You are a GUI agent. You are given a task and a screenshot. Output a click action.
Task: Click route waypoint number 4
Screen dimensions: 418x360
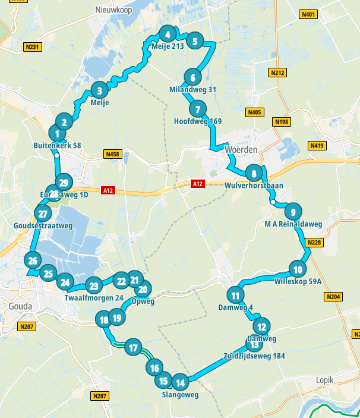pyautogui.click(x=169, y=34)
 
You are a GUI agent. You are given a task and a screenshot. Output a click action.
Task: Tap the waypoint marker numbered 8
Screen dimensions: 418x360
pyautogui.click(x=254, y=174)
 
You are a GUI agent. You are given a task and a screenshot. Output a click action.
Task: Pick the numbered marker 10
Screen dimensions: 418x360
pyautogui.click(x=298, y=268)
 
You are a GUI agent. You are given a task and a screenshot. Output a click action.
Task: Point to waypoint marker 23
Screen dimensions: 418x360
pyautogui.click(x=93, y=285)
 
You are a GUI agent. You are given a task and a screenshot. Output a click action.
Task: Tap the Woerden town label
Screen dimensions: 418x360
pyautogui.click(x=241, y=149)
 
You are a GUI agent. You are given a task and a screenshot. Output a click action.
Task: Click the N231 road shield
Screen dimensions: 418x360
pyautogui.click(x=33, y=46)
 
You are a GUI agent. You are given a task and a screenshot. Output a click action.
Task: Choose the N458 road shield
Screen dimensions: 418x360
pyautogui.click(x=112, y=155)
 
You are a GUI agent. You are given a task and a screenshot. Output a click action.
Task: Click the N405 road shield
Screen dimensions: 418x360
pyautogui.click(x=255, y=112)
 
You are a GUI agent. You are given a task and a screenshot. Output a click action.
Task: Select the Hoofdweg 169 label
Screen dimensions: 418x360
pyautogui.click(x=198, y=121)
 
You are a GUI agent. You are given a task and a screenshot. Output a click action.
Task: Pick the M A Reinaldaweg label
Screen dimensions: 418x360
pyautogui.click(x=293, y=224)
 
